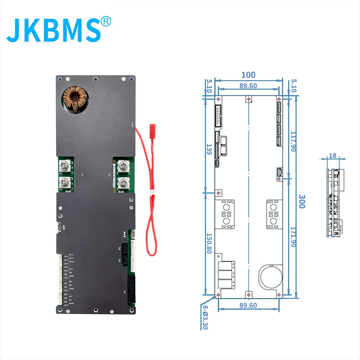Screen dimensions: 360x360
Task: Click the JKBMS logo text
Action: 54,28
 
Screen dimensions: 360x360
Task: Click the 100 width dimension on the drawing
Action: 248,75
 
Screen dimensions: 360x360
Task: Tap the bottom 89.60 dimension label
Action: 248,305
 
